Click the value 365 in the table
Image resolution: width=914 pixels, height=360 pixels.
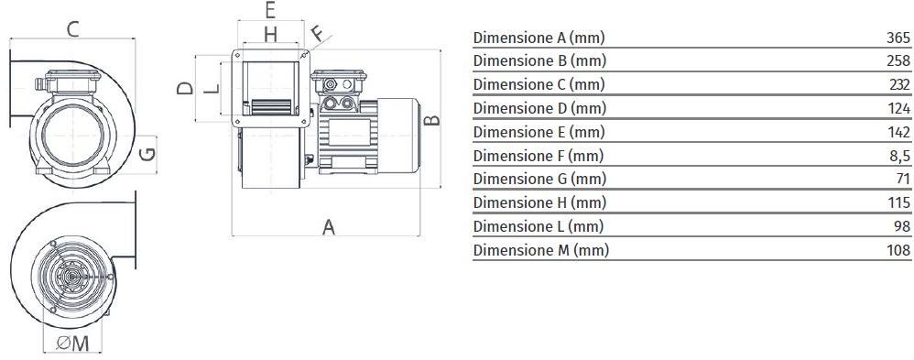tap(898, 38)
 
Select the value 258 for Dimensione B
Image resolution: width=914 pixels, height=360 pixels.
tap(898, 60)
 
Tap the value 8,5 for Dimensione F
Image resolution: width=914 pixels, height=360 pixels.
tap(899, 156)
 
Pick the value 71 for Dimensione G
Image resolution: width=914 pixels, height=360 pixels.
tap(903, 179)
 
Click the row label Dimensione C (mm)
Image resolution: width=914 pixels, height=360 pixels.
tap(539, 84)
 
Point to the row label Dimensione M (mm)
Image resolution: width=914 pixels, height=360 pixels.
tap(541, 250)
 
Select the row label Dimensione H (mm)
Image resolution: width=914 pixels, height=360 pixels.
tap(539, 203)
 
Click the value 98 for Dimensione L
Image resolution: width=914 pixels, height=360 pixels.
tap(902, 226)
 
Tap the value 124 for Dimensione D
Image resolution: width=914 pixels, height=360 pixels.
tap(898, 108)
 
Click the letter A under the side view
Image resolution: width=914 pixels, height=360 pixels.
tap(329, 227)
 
